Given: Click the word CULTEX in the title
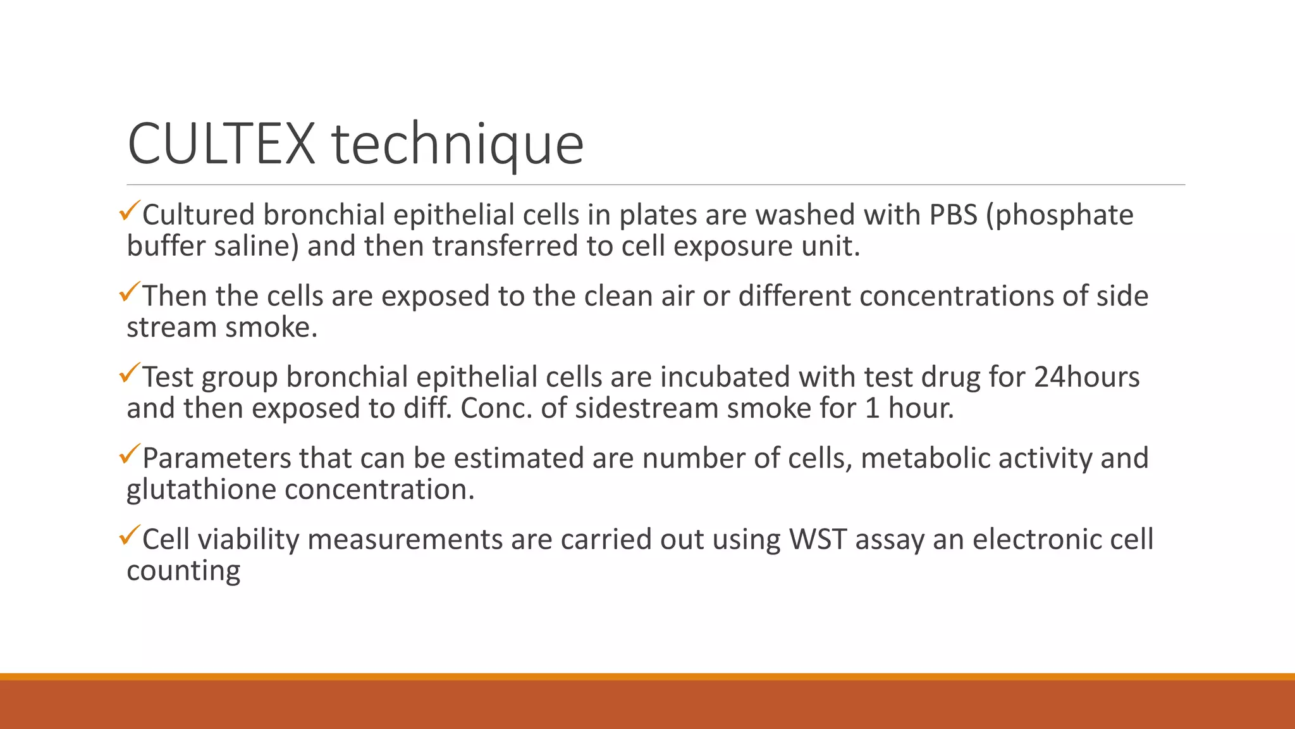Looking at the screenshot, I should (x=221, y=144).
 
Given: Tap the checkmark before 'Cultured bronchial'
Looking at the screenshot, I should (x=128, y=211).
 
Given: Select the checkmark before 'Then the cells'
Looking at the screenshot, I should (x=128, y=292).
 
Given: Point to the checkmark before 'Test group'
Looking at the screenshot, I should (x=128, y=373).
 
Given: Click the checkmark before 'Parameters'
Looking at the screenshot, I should (x=128, y=454).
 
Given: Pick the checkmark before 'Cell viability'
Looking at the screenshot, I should (x=128, y=535).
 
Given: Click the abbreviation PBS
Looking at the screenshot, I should (x=953, y=215).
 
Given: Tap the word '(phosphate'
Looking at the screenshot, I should (x=1060, y=216).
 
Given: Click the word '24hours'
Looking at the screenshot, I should (x=1086, y=377).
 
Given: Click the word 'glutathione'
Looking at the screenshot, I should (x=201, y=490).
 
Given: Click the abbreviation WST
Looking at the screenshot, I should (x=818, y=539).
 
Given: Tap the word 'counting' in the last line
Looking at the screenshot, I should (x=183, y=571).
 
